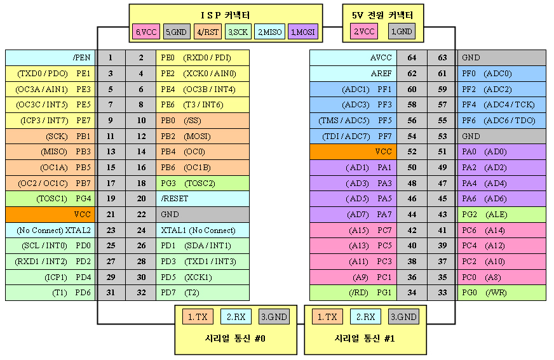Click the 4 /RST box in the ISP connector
[207, 32]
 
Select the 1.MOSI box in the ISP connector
[303, 32]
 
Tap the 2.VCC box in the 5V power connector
[364, 31]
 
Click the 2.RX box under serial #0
[236, 317]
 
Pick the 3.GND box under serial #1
[403, 317]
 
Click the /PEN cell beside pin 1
[50, 58]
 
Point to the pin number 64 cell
[412, 58]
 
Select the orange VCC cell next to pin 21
[50, 214]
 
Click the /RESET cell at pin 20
[203, 199]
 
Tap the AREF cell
[353, 74]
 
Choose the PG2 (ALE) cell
[502, 214]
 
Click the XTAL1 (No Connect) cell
[203, 230]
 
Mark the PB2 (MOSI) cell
[203, 137]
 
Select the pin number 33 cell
[442, 293]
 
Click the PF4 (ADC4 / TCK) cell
[502, 105]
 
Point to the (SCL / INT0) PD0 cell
[50, 246]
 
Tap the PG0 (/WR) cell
[502, 293]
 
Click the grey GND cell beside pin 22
[203, 214]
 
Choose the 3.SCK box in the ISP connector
[238, 32]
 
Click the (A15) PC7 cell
[353, 230]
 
